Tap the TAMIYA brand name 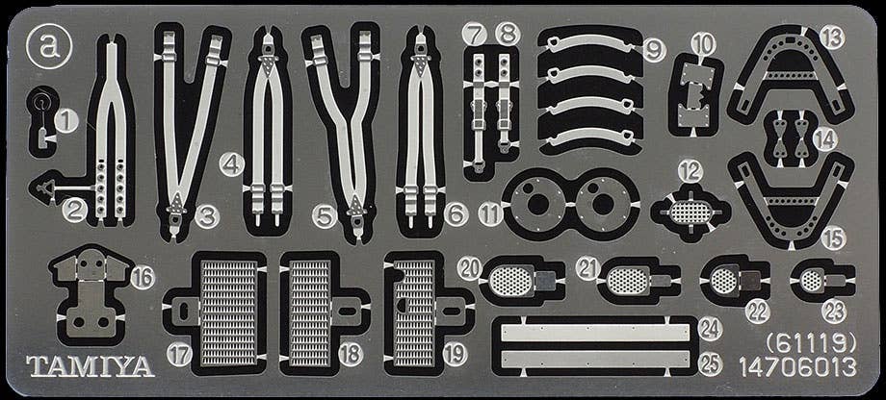click(x=91, y=366)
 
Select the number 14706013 click(x=797, y=368)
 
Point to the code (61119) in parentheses click(x=811, y=343)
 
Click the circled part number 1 click(x=66, y=121)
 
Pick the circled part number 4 click(x=232, y=164)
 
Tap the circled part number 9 click(x=654, y=51)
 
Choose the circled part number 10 click(x=703, y=44)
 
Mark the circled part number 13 click(x=832, y=37)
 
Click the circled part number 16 click(x=143, y=278)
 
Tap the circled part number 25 click(x=711, y=364)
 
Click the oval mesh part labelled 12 click(x=690, y=212)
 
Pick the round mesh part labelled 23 click(x=812, y=280)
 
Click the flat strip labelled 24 click(x=595, y=333)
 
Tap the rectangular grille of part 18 click(x=308, y=313)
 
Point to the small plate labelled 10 click(x=695, y=94)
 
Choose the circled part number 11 click(x=490, y=214)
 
